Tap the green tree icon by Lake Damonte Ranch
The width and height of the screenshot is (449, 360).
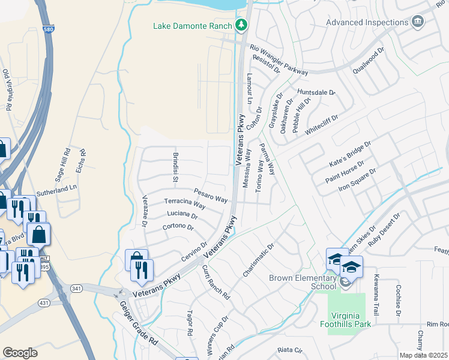coord(241,25)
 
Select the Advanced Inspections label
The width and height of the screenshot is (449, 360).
coord(367,22)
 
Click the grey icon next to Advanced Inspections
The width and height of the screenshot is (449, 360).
coord(419,22)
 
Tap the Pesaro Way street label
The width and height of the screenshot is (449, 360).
coord(211,196)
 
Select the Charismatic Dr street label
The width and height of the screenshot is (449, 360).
coord(259,260)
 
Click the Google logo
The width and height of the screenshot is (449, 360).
coord(20,352)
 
